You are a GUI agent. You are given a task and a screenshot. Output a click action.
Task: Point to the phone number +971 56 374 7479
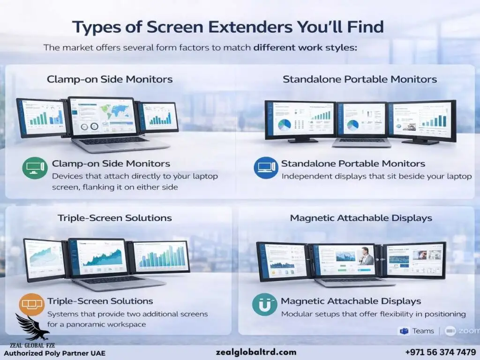440,352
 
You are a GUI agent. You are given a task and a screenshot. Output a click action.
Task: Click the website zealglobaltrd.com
256,352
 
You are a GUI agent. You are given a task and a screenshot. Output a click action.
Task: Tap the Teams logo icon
403,331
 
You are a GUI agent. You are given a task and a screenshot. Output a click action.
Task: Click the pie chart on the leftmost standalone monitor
285,124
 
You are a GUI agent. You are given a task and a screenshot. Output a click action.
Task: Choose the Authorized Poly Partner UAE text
55,352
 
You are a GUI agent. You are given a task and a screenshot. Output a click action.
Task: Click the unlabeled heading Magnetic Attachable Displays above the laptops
360,218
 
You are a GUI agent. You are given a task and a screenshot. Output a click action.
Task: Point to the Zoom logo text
469,331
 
